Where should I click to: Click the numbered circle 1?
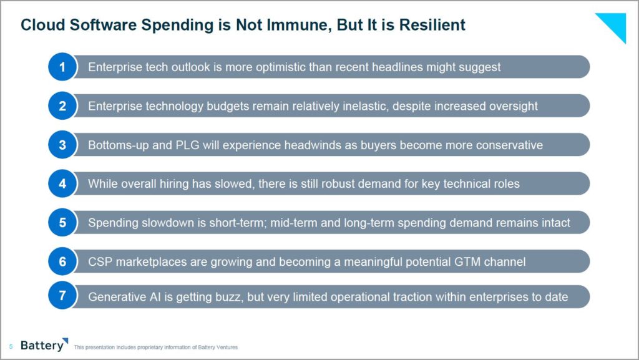[62, 67]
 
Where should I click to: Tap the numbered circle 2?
[62, 106]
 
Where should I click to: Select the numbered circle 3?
[62, 145]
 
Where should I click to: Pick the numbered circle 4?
[62, 183]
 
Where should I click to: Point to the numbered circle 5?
[62, 223]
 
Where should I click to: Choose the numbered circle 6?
[62, 261]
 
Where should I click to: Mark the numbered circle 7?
[62, 296]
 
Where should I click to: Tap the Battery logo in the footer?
[43, 346]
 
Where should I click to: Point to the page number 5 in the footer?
[11, 347]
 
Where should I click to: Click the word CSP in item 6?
[100, 261]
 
